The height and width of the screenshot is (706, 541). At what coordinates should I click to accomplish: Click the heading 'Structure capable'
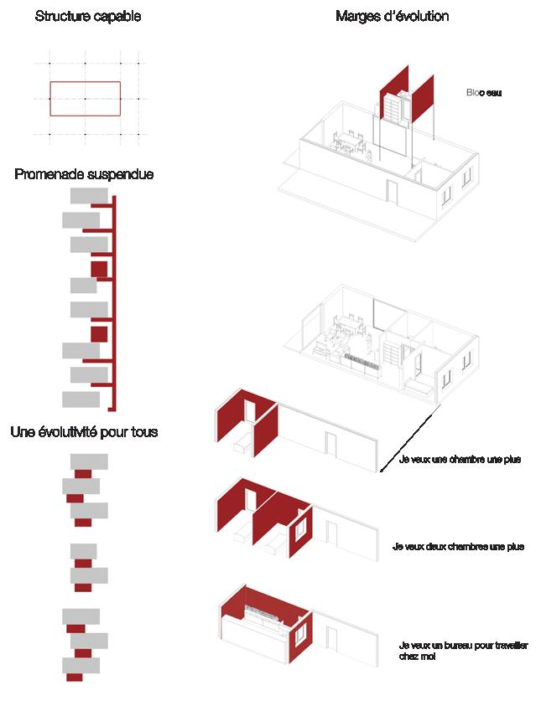(88, 17)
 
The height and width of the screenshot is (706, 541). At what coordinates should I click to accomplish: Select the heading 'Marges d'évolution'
(392, 17)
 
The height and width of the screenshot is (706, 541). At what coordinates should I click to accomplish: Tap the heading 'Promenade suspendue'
(84, 174)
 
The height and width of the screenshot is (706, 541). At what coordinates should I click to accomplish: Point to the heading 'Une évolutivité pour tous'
(84, 432)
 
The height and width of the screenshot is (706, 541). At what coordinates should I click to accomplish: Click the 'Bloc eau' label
(483, 93)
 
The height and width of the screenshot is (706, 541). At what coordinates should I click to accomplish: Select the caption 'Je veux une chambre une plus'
(460, 460)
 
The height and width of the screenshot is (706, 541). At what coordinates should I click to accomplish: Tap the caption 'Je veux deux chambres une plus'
(458, 547)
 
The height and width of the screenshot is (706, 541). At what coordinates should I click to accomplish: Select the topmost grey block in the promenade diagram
(89, 195)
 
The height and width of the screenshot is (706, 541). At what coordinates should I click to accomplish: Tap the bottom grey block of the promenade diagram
(81, 399)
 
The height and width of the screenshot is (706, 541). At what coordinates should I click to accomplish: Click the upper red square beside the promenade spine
(99, 269)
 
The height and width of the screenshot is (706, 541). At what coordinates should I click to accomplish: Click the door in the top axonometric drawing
(392, 192)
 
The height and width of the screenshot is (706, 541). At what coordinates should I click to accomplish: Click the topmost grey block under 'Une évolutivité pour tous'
(89, 461)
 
